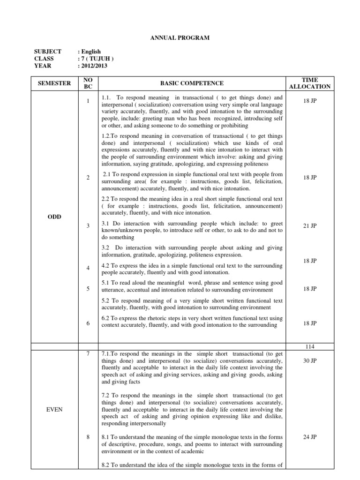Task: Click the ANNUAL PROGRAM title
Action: pyautogui.click(x=180, y=37)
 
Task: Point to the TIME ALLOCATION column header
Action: pyautogui.click(x=310, y=83)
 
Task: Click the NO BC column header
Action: pyautogui.click(x=88, y=83)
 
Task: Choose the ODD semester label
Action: pyautogui.click(x=55, y=217)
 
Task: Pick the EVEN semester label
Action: pyautogui.click(x=55, y=409)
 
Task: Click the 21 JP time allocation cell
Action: pyautogui.click(x=310, y=225)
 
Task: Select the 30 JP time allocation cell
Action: pyautogui.click(x=310, y=361)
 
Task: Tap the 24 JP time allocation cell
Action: pyautogui.click(x=310, y=437)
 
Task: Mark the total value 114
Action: pyautogui.click(x=310, y=346)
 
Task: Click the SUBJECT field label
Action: pyautogui.click(x=48, y=52)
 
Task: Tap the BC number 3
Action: pyautogui.click(x=88, y=225)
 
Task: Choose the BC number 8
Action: pyautogui.click(x=88, y=437)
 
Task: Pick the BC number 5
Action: pyautogui.click(x=88, y=289)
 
